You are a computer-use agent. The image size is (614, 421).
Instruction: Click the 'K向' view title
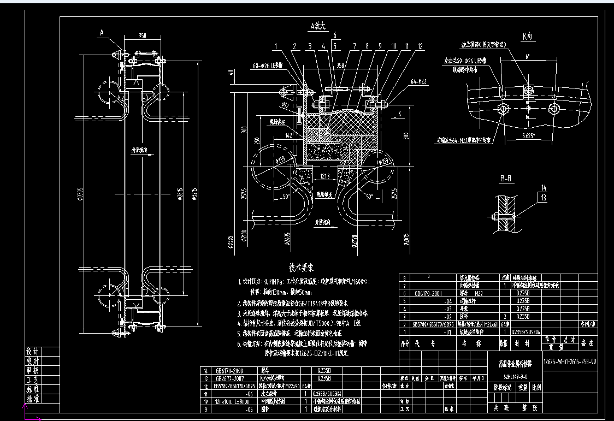click(x=527, y=37)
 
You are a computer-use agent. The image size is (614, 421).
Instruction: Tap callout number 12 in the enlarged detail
click(x=420, y=47)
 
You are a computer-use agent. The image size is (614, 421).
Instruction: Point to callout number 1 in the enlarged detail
click(x=277, y=47)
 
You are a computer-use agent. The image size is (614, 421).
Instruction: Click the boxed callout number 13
click(x=544, y=198)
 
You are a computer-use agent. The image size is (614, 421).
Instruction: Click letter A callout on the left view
click(x=101, y=33)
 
